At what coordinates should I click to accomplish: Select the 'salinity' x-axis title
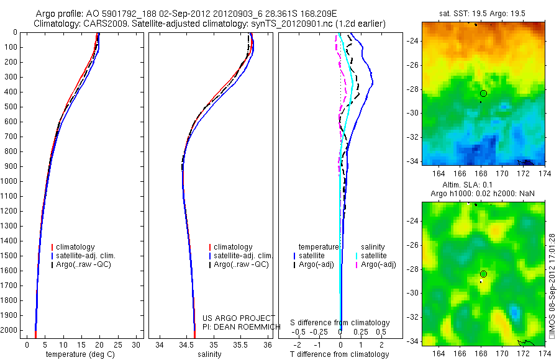click(209, 354)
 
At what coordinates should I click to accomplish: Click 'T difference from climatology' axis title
click(340, 354)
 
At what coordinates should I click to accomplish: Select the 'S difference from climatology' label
click(340, 323)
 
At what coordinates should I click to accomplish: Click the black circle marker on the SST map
click(483, 93)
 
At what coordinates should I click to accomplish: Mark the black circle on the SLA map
click(483, 274)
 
